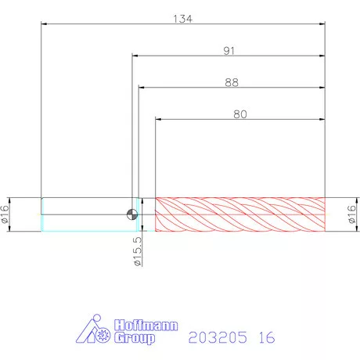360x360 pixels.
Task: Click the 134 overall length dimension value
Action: tap(183, 19)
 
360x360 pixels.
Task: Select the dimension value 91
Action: tap(229, 51)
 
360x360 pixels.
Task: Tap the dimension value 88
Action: tap(232, 83)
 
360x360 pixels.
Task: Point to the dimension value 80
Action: tap(240, 114)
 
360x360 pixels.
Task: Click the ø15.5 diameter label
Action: tap(138, 251)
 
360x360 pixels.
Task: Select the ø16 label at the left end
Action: tap(5, 214)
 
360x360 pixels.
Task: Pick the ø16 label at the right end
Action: tap(351, 214)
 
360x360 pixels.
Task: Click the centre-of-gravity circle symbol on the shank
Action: tap(132, 214)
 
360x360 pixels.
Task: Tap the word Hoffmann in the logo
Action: tap(146, 326)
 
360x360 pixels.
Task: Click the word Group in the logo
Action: tap(135, 338)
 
